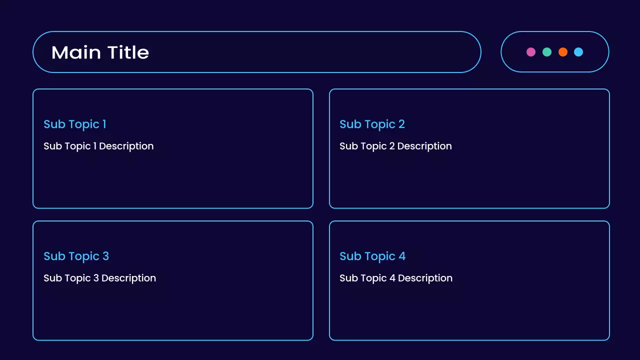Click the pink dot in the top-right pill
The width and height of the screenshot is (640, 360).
(531, 52)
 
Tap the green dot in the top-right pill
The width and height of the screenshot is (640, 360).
(547, 52)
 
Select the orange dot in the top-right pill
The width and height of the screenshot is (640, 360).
(563, 52)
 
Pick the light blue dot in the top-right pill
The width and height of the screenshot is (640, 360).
(578, 52)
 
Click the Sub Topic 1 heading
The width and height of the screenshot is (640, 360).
(74, 124)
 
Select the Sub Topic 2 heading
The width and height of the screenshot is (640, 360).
(372, 124)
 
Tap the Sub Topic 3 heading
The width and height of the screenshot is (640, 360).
(76, 256)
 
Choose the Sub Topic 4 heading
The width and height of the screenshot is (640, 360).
(372, 256)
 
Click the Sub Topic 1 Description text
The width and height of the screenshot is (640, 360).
(98, 146)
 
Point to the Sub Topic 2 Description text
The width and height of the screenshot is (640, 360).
(395, 146)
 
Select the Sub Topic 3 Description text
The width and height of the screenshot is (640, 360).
(99, 278)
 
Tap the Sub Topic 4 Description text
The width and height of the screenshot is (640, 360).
(396, 278)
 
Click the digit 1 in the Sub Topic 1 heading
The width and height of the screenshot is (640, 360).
(104, 124)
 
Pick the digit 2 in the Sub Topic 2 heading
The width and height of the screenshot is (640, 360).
(401, 124)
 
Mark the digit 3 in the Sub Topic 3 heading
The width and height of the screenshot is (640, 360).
(105, 256)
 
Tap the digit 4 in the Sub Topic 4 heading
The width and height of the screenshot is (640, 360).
(402, 256)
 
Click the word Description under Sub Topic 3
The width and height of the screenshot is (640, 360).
(128, 278)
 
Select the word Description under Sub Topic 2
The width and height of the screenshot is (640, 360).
(424, 146)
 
